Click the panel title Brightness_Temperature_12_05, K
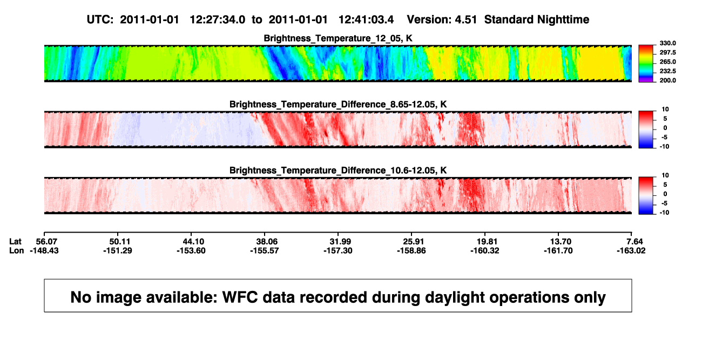pos(338,38)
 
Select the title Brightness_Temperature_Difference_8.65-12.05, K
pos(338,104)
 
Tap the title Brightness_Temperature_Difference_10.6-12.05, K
pos(338,171)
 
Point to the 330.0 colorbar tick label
pos(667,43)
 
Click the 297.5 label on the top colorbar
pos(667,52)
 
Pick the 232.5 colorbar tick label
pos(667,71)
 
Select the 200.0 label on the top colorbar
pos(667,80)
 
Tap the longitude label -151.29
pos(118,250)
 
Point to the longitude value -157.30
pos(338,250)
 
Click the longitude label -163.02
pos(631,250)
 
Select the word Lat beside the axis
pos(15,242)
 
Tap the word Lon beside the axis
pos(16,250)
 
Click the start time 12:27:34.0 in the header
pos(218,20)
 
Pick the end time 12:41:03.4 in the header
pos(366,20)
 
